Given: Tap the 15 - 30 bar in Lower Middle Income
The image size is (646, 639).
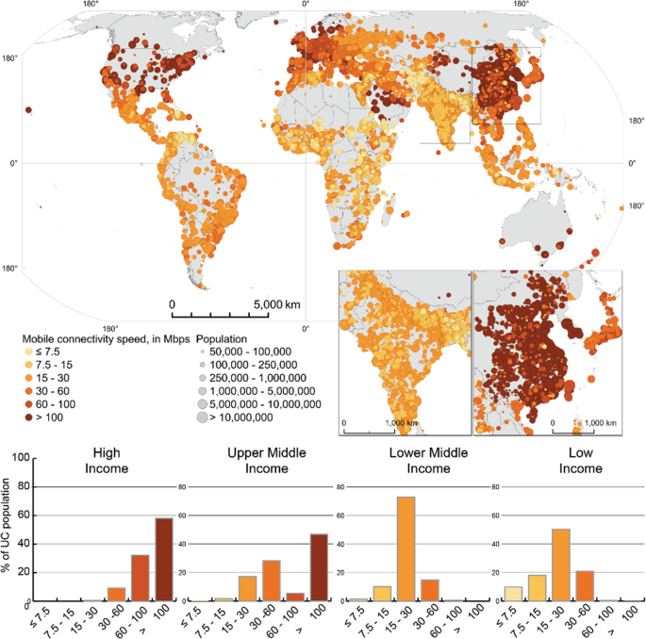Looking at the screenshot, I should tap(406, 549).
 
